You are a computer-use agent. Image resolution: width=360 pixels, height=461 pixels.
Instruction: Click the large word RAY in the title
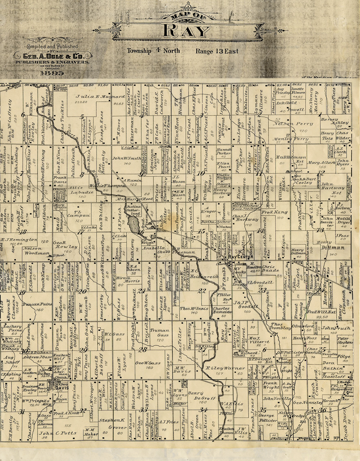point(187,31)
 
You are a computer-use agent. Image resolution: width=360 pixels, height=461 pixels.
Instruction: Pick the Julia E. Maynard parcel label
point(100,97)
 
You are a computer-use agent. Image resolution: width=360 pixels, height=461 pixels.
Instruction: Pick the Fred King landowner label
point(274,211)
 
